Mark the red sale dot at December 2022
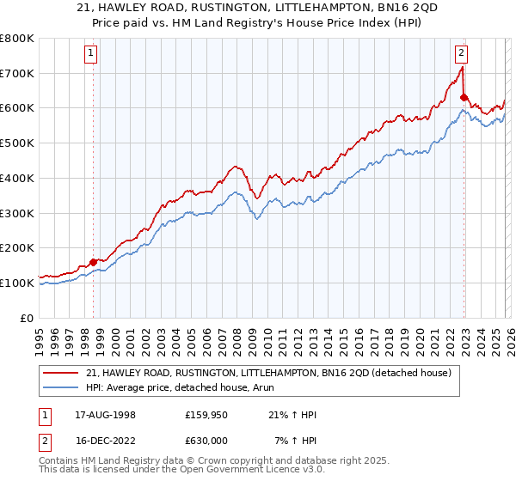[x=464, y=97]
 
